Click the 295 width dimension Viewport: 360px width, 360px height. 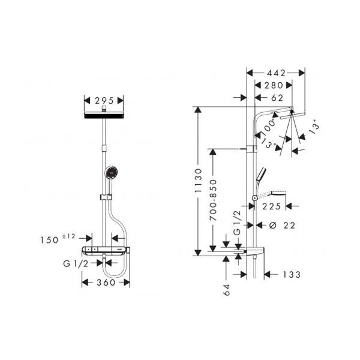coord(104,101)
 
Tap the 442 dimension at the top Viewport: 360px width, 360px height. coord(276,73)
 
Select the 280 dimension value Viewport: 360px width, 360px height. coord(274,85)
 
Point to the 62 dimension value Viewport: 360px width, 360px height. coord(277,98)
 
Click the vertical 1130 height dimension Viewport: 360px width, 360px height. coord(198,181)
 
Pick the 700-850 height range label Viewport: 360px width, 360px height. coord(214,200)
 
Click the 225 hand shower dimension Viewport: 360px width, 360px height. coord(271,206)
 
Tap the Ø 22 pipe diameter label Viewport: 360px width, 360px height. coord(282,226)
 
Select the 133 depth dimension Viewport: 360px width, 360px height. coord(292,274)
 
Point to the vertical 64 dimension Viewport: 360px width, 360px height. coord(227,290)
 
